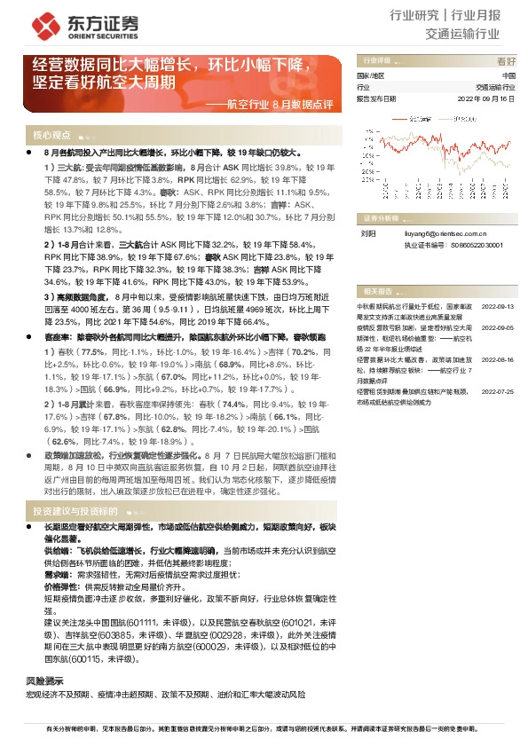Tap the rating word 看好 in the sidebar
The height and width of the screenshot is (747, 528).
click(x=506, y=61)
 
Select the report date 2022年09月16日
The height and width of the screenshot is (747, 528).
click(x=485, y=99)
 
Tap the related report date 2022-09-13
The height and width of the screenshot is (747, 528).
click(x=497, y=305)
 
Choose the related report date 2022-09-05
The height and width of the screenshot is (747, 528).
click(x=497, y=326)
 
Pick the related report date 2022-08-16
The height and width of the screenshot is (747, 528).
click(x=497, y=359)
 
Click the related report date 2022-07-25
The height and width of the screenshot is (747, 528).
click(x=497, y=390)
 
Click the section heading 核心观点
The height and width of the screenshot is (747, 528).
click(x=51, y=136)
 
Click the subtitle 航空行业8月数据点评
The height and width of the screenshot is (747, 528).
click(x=281, y=105)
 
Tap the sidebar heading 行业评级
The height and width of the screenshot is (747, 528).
click(x=373, y=61)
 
